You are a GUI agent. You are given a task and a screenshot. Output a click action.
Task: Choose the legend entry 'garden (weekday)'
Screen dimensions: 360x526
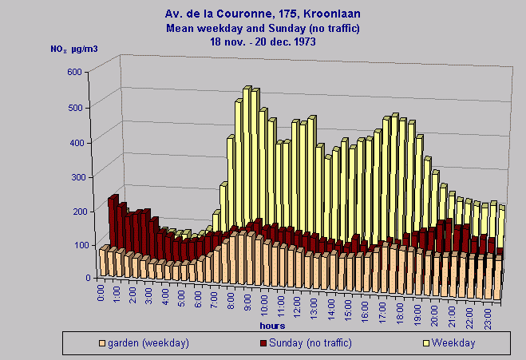tap(148, 343)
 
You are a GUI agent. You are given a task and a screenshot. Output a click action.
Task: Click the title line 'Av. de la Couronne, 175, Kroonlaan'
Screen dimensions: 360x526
tap(263, 14)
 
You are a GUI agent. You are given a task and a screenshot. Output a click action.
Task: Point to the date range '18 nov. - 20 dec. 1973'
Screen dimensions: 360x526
tap(263, 41)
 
